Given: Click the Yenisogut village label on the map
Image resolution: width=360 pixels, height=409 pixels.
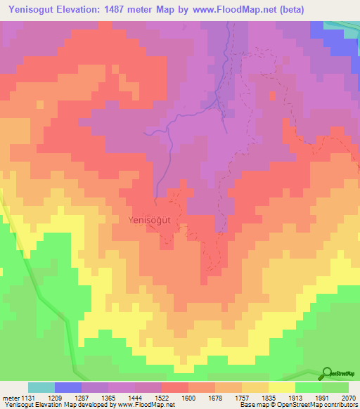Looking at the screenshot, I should tap(155, 219).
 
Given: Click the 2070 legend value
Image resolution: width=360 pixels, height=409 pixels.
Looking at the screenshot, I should tap(349, 397).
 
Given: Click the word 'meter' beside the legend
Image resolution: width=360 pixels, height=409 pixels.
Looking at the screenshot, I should tap(13, 397).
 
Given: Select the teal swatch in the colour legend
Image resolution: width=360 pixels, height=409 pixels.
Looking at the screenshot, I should tap(41, 387).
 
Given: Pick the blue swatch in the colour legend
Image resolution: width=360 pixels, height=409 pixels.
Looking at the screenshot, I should tap(68, 387).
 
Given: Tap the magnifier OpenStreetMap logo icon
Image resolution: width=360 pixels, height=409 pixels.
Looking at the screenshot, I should tap(326, 373).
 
